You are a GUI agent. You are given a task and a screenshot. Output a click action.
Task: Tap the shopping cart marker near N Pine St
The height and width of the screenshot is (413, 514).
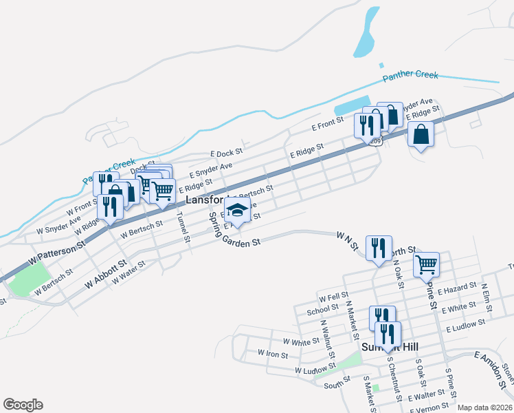coord(426,264)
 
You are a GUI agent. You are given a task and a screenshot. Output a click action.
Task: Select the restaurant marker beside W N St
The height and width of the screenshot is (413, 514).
coord(378,249)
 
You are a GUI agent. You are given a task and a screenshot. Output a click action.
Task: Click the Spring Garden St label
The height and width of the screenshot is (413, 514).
coord(236,235)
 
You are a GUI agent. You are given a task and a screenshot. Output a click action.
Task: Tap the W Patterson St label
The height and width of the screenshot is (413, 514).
coord(56,253)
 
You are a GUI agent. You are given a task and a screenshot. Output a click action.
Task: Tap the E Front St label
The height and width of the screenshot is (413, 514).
coord(327,124)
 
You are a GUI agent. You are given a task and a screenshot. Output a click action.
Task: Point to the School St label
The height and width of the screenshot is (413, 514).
coord(322,310)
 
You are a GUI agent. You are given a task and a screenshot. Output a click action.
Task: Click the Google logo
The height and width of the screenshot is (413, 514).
coord(23,405)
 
